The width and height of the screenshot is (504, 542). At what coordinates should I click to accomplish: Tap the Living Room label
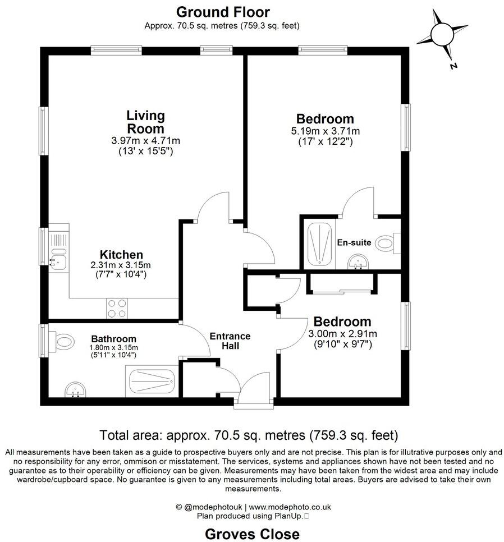pos(145,122)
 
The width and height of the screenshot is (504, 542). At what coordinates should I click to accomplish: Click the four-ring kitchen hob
pos(117,309)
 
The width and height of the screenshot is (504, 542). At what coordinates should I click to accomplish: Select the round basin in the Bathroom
pos(74,389)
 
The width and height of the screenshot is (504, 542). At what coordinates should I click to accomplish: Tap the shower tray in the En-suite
pos(319,245)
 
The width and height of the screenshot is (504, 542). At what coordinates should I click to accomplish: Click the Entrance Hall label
pos(230,341)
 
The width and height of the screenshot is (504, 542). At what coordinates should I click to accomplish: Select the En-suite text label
pos(354,243)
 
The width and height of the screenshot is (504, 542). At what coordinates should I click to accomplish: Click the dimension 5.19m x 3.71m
pos(325,131)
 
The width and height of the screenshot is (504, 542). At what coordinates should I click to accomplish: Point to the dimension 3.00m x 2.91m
pos(342,334)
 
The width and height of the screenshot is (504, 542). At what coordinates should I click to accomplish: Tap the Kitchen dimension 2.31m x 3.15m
pos(121,265)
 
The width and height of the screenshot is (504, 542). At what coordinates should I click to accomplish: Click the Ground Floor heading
pos(223,12)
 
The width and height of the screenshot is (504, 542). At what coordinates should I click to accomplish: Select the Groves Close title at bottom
pos(251,533)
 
